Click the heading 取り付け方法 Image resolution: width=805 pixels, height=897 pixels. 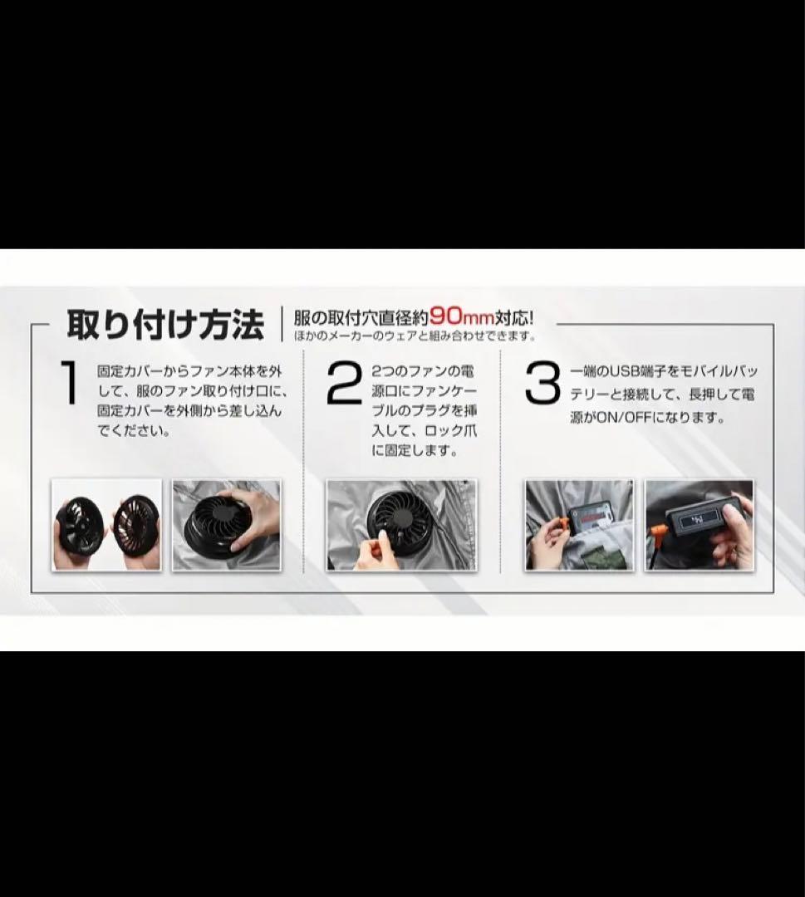click(165, 325)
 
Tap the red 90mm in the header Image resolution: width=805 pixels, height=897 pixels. click(461, 316)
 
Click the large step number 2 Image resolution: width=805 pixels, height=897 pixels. click(344, 383)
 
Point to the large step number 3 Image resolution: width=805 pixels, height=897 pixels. click(542, 383)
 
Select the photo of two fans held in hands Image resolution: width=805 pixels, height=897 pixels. click(106, 525)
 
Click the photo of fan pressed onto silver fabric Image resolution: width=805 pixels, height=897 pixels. click(227, 525)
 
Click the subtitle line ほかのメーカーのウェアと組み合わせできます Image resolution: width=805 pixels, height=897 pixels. click(415, 336)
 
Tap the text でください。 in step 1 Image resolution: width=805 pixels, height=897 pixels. click(134, 431)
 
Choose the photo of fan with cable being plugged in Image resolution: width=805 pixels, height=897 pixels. click(401, 525)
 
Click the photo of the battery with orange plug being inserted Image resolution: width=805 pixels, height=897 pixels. click(580, 525)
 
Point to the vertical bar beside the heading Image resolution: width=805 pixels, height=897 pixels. click(282, 324)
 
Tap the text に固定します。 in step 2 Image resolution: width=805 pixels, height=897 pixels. click(415, 451)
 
